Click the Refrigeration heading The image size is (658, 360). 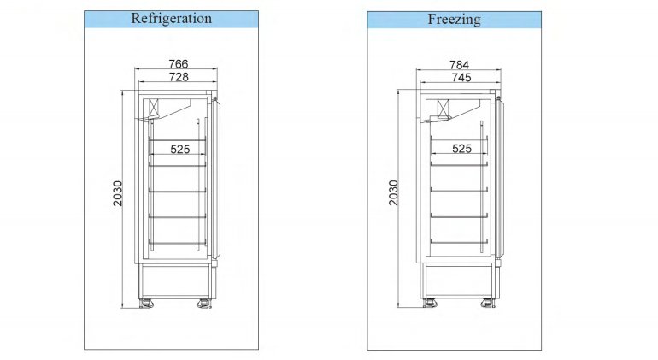pyautogui.click(x=171, y=19)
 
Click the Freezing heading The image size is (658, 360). pyautogui.click(x=454, y=20)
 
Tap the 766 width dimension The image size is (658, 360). pyautogui.click(x=179, y=64)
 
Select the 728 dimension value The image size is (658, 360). pyautogui.click(x=179, y=77)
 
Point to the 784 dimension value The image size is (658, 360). pyautogui.click(x=459, y=65)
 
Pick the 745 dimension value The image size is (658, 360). pyautogui.click(x=461, y=78)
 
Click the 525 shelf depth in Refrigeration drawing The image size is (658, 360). pyautogui.click(x=180, y=149)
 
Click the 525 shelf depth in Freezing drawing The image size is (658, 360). pyautogui.click(x=461, y=148)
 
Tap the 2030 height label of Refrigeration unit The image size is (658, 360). pyautogui.click(x=118, y=193)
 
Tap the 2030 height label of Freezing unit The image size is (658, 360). pyautogui.click(x=393, y=192)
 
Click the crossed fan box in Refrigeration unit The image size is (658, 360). pyautogui.click(x=155, y=107)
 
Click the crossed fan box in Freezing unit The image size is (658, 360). pyautogui.click(x=443, y=109)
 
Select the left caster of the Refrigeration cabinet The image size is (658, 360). pyautogui.click(x=146, y=304)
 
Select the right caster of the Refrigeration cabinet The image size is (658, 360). pyautogui.click(x=204, y=304)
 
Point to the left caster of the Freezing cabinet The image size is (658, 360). pyautogui.click(x=430, y=303)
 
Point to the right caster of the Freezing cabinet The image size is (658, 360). pyautogui.click(x=488, y=303)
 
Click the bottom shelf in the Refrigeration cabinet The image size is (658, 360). pyautogui.click(x=178, y=243)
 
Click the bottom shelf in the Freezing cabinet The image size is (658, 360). pyautogui.click(x=459, y=241)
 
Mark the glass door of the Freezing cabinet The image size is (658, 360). pyautogui.click(x=499, y=177)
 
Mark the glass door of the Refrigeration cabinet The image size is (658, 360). pyautogui.click(x=216, y=178)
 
